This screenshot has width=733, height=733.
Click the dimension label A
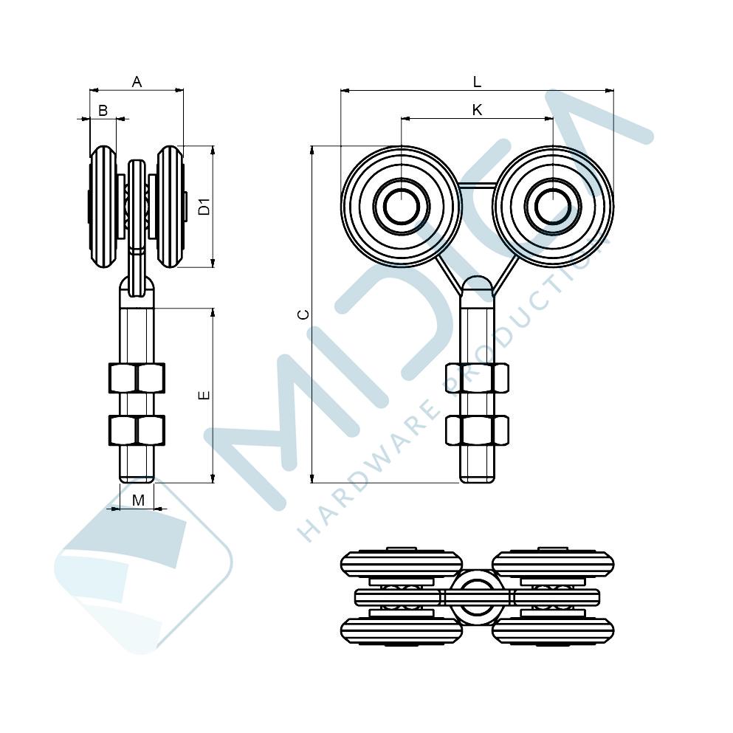point(137,82)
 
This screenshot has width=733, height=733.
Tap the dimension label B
point(103,110)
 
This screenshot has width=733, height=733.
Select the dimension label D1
point(204,207)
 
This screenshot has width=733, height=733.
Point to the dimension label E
point(204,396)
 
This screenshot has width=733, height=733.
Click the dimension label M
point(138,500)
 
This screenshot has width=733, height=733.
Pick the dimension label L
point(477,82)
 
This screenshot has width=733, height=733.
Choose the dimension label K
point(477,110)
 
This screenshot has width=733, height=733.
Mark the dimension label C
point(304,314)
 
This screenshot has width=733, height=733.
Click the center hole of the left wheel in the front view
point(401,206)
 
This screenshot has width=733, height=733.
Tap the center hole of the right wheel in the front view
point(553,206)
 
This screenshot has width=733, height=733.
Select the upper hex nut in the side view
point(137,378)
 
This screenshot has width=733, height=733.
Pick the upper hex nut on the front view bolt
point(477,378)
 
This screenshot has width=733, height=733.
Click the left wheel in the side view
point(103,207)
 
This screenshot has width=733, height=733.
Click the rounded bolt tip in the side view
point(137,478)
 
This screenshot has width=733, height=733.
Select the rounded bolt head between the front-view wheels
point(477,285)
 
